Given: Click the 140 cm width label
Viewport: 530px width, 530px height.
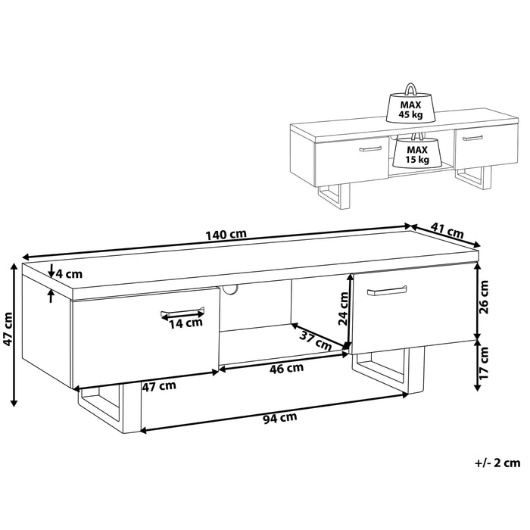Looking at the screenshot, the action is tap(226, 234).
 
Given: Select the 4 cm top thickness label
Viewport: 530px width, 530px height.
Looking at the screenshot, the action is tap(69, 273).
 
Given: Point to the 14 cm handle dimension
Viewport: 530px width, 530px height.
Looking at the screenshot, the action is tap(185, 323).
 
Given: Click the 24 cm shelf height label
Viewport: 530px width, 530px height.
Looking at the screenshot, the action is tap(344, 308).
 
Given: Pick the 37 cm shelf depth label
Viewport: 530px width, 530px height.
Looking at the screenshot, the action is tap(316, 341).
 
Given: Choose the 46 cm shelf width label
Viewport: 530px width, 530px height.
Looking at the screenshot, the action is tap(286, 368).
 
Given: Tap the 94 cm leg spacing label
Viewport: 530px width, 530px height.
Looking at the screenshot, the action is tap(280, 418).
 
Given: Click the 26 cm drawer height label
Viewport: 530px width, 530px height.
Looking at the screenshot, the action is tap(484, 297).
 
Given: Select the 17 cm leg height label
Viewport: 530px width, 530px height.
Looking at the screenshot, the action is tap(484, 363).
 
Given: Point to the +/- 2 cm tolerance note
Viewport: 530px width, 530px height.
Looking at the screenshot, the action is tap(497, 463).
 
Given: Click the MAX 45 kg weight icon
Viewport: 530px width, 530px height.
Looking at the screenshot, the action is tap(410, 103).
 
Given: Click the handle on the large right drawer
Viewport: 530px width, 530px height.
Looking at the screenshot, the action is tap(387, 291).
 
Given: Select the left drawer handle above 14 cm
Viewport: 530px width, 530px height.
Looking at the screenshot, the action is tap(182, 312).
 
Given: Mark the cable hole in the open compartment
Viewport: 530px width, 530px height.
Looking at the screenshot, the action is tap(229, 289).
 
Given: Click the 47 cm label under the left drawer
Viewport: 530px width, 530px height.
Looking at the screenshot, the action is tap(159, 385).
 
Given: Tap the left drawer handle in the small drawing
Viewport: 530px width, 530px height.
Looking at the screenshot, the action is tap(370, 149).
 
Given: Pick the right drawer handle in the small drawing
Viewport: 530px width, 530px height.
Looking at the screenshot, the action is tap(472, 138).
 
